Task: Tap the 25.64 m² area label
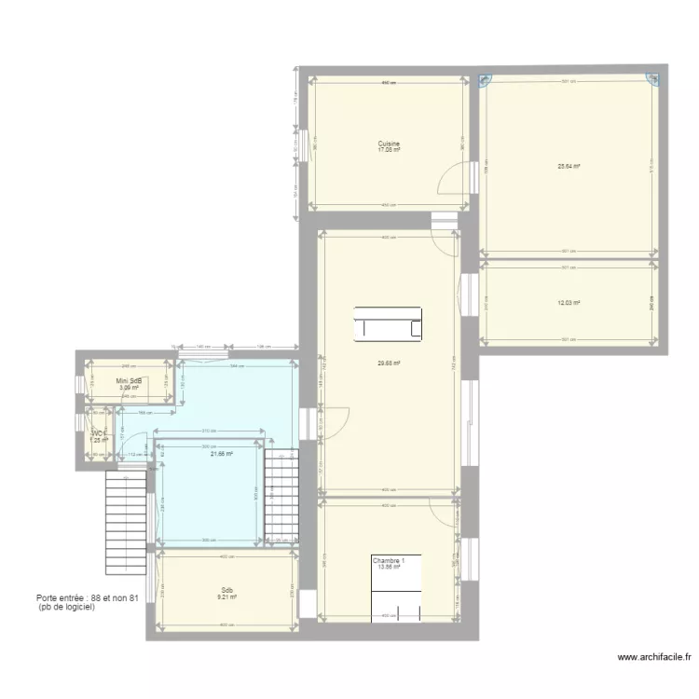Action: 569,167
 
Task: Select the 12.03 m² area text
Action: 569,303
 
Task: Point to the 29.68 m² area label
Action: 389,363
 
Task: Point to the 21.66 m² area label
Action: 221,454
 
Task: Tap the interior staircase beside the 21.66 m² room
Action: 281,494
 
